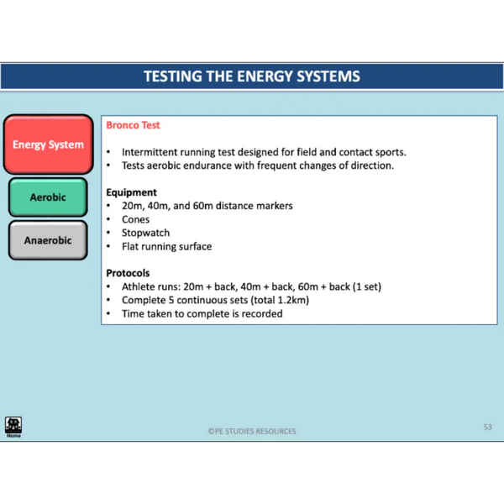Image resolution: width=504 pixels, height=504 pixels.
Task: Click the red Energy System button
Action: coord(48,144)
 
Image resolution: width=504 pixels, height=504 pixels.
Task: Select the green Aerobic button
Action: coord(48,197)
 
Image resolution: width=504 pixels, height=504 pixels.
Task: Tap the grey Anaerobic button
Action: coord(48,240)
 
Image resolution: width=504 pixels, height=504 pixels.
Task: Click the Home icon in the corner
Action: coord(13,427)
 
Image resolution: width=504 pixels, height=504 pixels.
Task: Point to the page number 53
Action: coord(487,427)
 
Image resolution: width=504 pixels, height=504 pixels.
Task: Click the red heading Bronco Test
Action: coord(133,125)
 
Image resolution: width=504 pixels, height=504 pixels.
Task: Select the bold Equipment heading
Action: coord(132,192)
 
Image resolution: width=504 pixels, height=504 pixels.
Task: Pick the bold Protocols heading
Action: coord(128,273)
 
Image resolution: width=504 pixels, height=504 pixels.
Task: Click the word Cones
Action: coord(135,219)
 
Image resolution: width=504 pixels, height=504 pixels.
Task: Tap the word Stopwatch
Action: coord(145,233)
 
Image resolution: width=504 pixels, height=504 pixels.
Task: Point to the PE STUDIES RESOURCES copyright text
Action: coord(252,431)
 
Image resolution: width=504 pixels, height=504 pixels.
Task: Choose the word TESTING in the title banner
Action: coord(172,76)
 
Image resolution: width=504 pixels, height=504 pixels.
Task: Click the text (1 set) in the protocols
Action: coord(367,286)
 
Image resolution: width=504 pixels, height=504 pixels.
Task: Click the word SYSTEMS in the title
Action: coord(328,76)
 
